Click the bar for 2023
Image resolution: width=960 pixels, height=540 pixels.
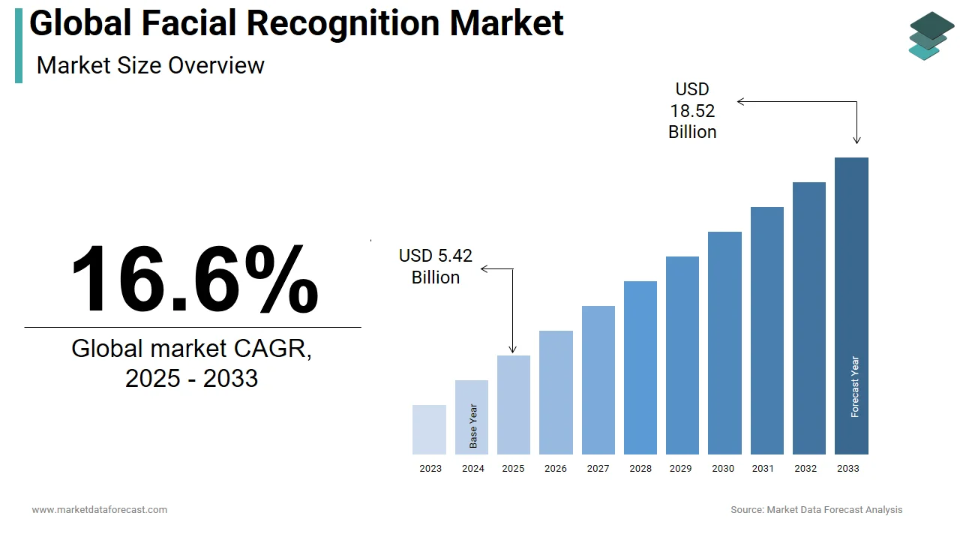pos(429,430)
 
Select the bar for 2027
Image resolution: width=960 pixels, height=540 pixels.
pos(598,380)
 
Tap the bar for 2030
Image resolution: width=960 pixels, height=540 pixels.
pos(724,343)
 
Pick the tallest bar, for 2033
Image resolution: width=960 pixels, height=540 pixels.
pos(851,306)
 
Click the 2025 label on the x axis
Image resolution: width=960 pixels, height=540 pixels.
pos(513,469)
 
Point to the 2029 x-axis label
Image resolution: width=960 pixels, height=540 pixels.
pos(680,469)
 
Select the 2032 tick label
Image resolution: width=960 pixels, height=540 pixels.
pos(806,469)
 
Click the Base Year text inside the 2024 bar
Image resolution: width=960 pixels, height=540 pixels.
pos(473,426)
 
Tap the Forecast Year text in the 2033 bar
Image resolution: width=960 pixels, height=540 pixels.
pos(855,387)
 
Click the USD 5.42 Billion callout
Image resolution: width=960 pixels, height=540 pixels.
pos(436,266)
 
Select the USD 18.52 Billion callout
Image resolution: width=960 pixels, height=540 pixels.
pos(692,111)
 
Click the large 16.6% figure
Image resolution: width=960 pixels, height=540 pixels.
pos(194,279)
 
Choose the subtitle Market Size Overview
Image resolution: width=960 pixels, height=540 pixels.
pos(150,65)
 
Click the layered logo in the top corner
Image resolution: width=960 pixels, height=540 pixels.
pos(931,36)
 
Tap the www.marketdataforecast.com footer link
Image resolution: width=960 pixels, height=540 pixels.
pos(99,510)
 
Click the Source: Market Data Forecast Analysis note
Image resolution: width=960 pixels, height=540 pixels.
pos(817,510)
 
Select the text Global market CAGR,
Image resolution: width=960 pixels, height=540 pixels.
pos(191,348)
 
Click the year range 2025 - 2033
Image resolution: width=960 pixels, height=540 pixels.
pos(191,378)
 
